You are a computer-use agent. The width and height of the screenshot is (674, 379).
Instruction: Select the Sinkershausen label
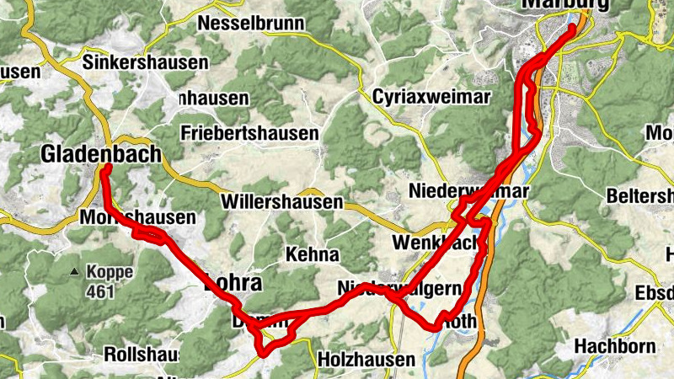(146, 62)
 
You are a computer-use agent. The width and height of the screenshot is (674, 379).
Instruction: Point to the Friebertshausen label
(249, 133)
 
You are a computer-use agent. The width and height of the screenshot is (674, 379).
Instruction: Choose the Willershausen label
(282, 202)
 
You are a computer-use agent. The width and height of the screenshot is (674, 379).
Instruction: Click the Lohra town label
(233, 283)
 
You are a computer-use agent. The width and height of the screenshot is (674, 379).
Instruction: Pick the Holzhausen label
(366, 360)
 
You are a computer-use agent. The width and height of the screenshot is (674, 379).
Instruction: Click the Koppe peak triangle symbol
(75, 272)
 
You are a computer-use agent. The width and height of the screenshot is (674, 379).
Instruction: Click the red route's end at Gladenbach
(108, 168)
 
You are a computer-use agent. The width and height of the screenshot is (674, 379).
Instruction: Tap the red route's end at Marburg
(573, 28)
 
